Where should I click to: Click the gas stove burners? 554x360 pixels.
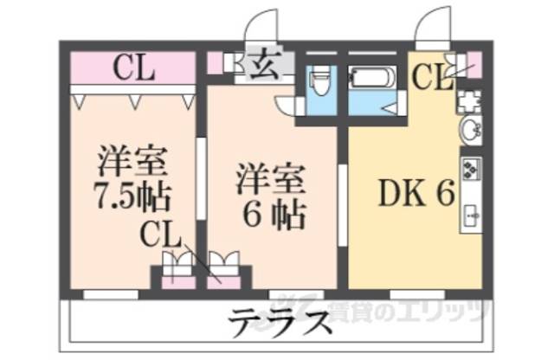473,168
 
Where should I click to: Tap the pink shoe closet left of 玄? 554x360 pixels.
215,63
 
